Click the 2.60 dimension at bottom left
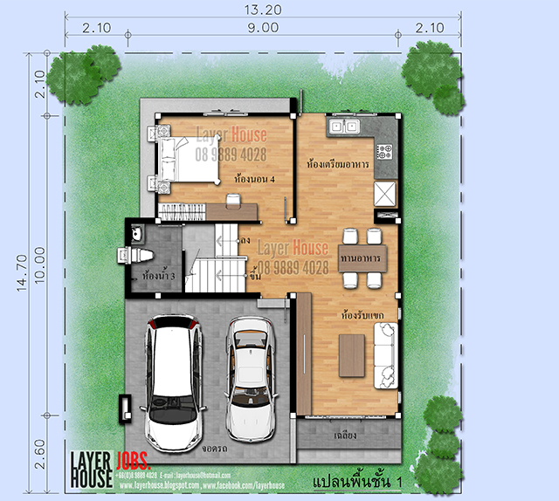[38, 455]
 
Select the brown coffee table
[352, 356]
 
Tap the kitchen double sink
[342, 127]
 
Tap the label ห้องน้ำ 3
[158, 277]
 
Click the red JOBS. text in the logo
[134, 460]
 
